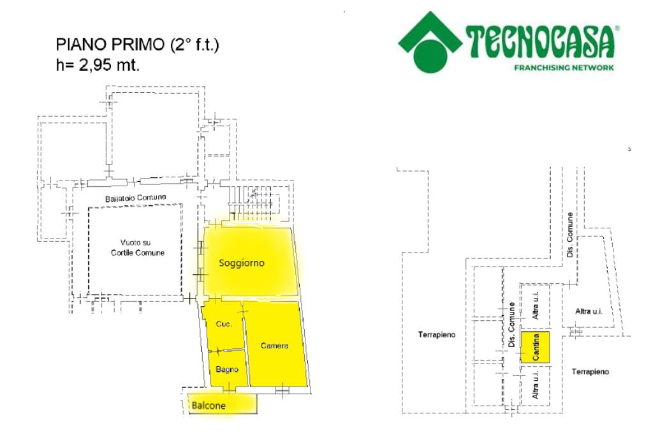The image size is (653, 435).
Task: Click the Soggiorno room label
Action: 241,263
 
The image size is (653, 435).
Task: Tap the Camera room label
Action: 275,346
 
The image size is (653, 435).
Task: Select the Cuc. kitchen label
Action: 223,324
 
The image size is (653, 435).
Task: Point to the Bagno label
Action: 226,369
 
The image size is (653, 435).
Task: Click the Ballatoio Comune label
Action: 135,198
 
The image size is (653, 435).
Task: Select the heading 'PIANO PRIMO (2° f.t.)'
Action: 138,46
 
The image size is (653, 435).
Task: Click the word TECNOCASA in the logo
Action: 541,44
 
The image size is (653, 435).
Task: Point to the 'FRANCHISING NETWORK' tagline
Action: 564,68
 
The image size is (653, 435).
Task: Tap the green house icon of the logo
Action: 430,42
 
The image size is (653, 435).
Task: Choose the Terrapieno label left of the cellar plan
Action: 437,334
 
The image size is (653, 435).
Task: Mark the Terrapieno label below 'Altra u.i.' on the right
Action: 590,371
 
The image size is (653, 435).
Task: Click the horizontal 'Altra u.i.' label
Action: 589,311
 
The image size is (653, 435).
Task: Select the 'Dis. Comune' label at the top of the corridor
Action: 570,235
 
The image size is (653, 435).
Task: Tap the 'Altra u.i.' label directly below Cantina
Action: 536,386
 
